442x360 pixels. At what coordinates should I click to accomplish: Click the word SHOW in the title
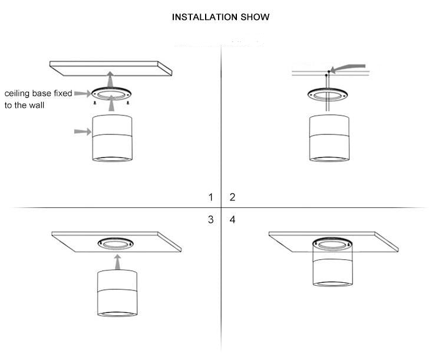[255, 17]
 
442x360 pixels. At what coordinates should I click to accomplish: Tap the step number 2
[232, 197]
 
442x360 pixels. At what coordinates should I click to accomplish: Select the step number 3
[210, 220]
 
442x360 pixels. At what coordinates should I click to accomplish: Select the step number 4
[232, 220]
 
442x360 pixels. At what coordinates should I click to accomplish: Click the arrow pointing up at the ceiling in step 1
[111, 78]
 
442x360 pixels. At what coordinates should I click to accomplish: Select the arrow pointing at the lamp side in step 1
[82, 132]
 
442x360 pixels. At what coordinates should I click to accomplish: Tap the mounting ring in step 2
[327, 94]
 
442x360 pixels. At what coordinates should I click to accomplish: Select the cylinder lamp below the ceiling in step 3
[117, 293]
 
